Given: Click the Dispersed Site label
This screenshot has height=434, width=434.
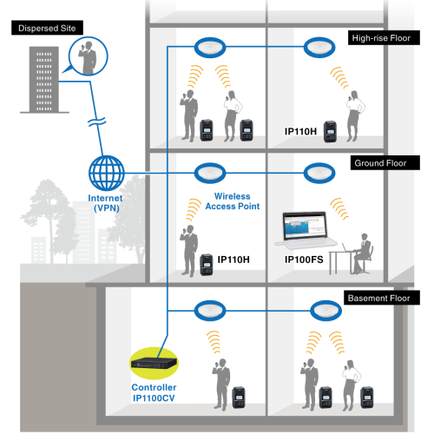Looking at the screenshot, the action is (x=47, y=28).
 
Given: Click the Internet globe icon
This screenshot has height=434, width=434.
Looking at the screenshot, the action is (x=107, y=173).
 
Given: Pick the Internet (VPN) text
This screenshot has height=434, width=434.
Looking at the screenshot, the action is (x=106, y=203).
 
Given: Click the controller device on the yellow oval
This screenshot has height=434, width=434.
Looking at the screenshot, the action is (x=154, y=363).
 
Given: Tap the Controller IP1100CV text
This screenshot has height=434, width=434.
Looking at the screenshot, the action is (x=154, y=392).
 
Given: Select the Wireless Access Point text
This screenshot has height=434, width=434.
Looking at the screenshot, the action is (x=233, y=201).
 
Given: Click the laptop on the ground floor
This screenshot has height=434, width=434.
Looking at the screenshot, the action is (x=306, y=229).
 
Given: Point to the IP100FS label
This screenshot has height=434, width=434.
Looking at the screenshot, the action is (x=304, y=260).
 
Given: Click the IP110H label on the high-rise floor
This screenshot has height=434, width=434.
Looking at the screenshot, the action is (x=300, y=131).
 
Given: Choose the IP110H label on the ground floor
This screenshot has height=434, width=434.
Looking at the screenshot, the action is (x=233, y=260).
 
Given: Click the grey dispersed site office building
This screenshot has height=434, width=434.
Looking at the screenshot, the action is (x=44, y=79).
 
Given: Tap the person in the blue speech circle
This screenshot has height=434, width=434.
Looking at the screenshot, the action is (x=88, y=57).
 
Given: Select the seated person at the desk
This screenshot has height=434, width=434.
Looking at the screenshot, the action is (x=362, y=253).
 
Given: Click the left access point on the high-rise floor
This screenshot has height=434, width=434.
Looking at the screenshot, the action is (x=210, y=48).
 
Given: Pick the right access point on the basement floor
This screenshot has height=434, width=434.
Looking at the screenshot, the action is (x=325, y=311).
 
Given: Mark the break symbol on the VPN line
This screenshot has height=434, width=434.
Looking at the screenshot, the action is (x=96, y=122).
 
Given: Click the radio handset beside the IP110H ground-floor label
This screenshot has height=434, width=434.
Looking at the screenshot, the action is (x=207, y=265).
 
